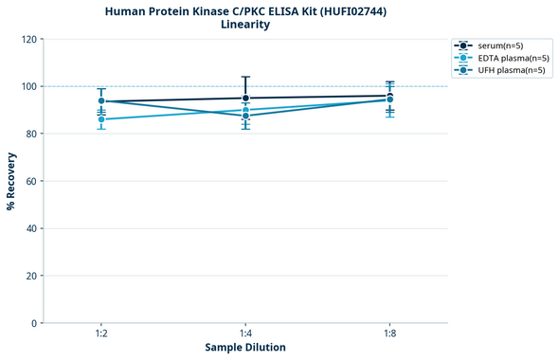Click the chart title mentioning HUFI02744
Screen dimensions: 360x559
(245, 10)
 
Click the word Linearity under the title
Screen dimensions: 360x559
(245, 25)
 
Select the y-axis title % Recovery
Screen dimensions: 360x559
(11, 181)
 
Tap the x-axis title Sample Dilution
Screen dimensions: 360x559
(245, 348)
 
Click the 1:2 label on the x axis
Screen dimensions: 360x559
(101, 334)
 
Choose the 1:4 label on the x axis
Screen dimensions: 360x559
(245, 334)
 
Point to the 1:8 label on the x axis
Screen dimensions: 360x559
(389, 334)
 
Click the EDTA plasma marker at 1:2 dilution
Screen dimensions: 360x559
(101, 119)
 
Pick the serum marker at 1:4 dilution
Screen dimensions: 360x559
(245, 98)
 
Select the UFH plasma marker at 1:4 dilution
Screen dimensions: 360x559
(245, 116)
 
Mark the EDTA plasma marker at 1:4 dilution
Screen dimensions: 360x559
(245, 110)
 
